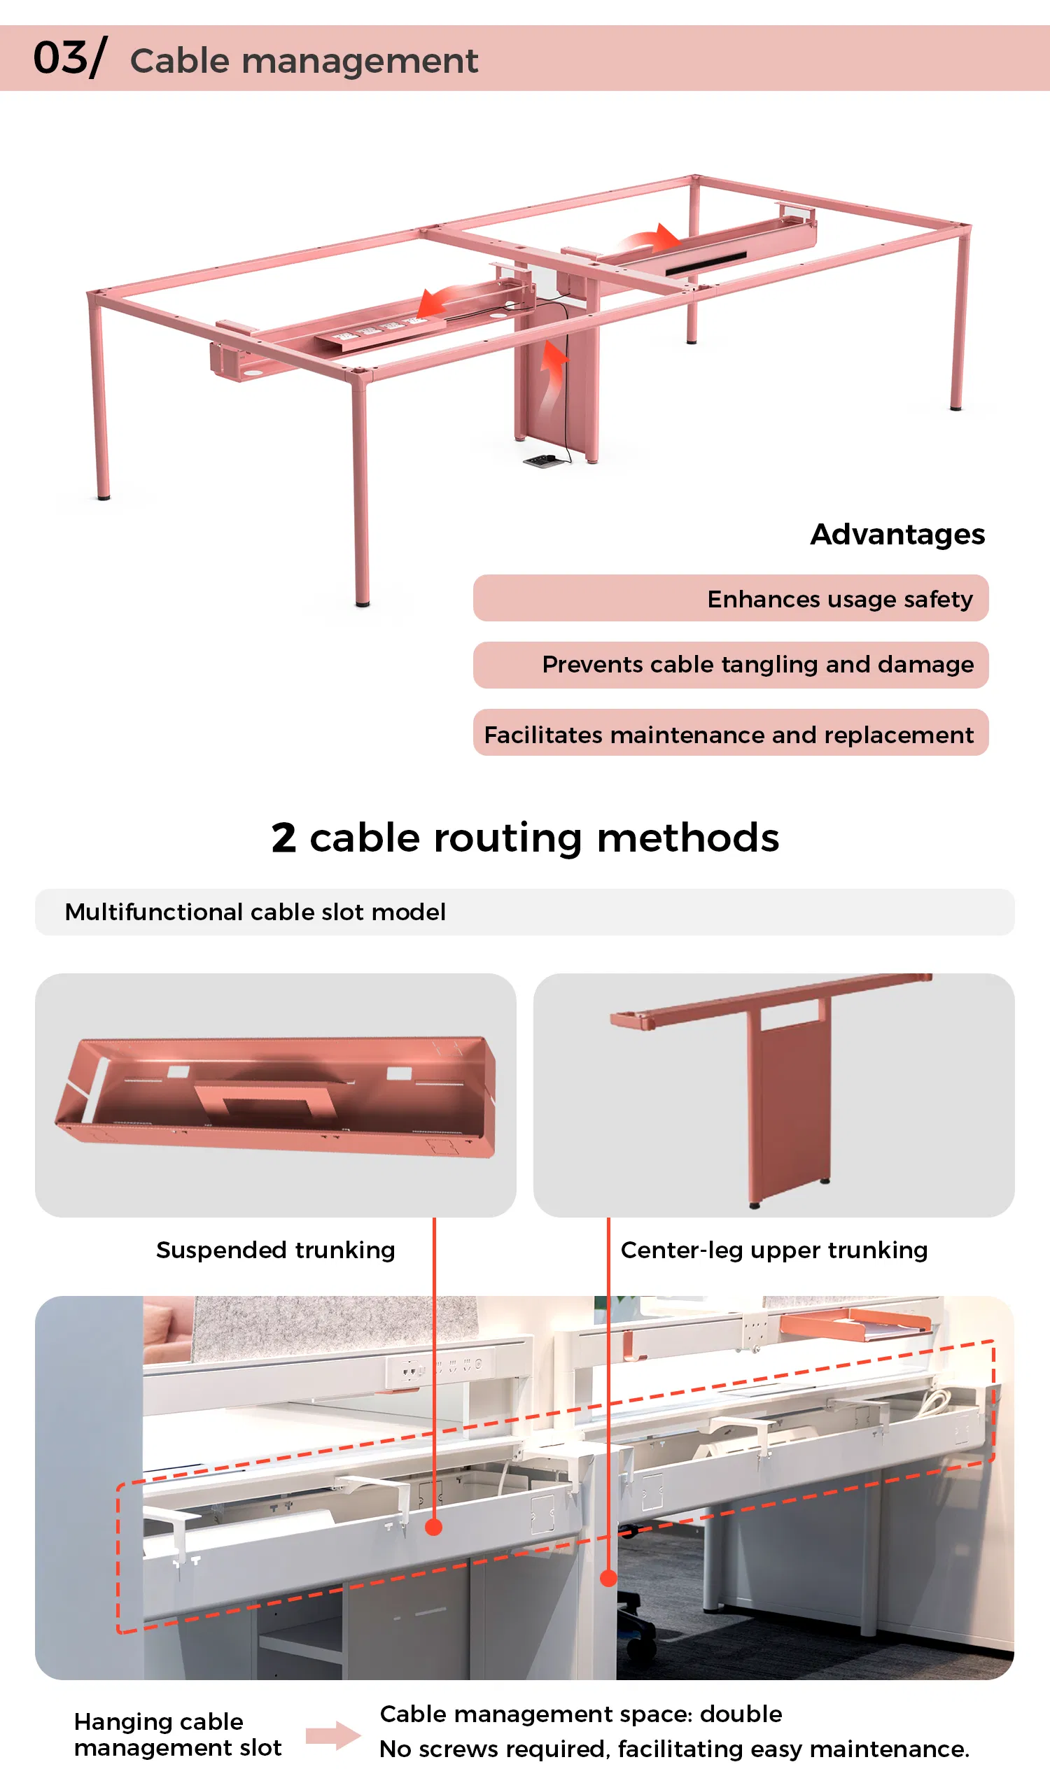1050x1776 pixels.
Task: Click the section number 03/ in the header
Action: click(69, 58)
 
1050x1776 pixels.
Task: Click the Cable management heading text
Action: click(304, 61)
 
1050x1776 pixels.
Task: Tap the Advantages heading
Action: click(897, 535)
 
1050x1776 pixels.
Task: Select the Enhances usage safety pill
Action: click(730, 598)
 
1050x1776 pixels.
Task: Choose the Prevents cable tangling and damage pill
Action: click(730, 665)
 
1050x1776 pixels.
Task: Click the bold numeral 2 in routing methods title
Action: click(283, 839)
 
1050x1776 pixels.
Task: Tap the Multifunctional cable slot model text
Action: click(255, 912)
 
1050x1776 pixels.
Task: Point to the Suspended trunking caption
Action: click(275, 1250)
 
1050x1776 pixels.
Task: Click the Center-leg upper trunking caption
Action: click(773, 1250)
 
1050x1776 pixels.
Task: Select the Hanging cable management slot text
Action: click(178, 1734)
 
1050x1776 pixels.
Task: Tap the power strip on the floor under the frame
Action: click(542, 461)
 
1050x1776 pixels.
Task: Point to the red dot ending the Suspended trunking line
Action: click(434, 1528)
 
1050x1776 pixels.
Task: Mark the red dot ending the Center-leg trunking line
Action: click(608, 1579)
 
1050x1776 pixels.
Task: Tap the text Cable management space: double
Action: click(581, 1714)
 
